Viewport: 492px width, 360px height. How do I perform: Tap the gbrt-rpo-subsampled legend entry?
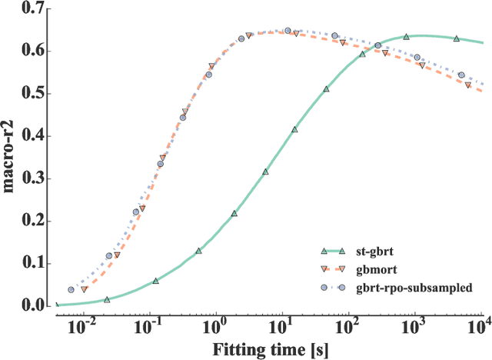pos(406,286)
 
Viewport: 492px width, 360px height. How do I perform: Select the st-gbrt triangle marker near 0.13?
pos(198,251)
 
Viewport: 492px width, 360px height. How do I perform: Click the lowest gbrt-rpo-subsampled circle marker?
pos(71,290)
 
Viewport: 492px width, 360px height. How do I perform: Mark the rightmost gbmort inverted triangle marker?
pos(468,85)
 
